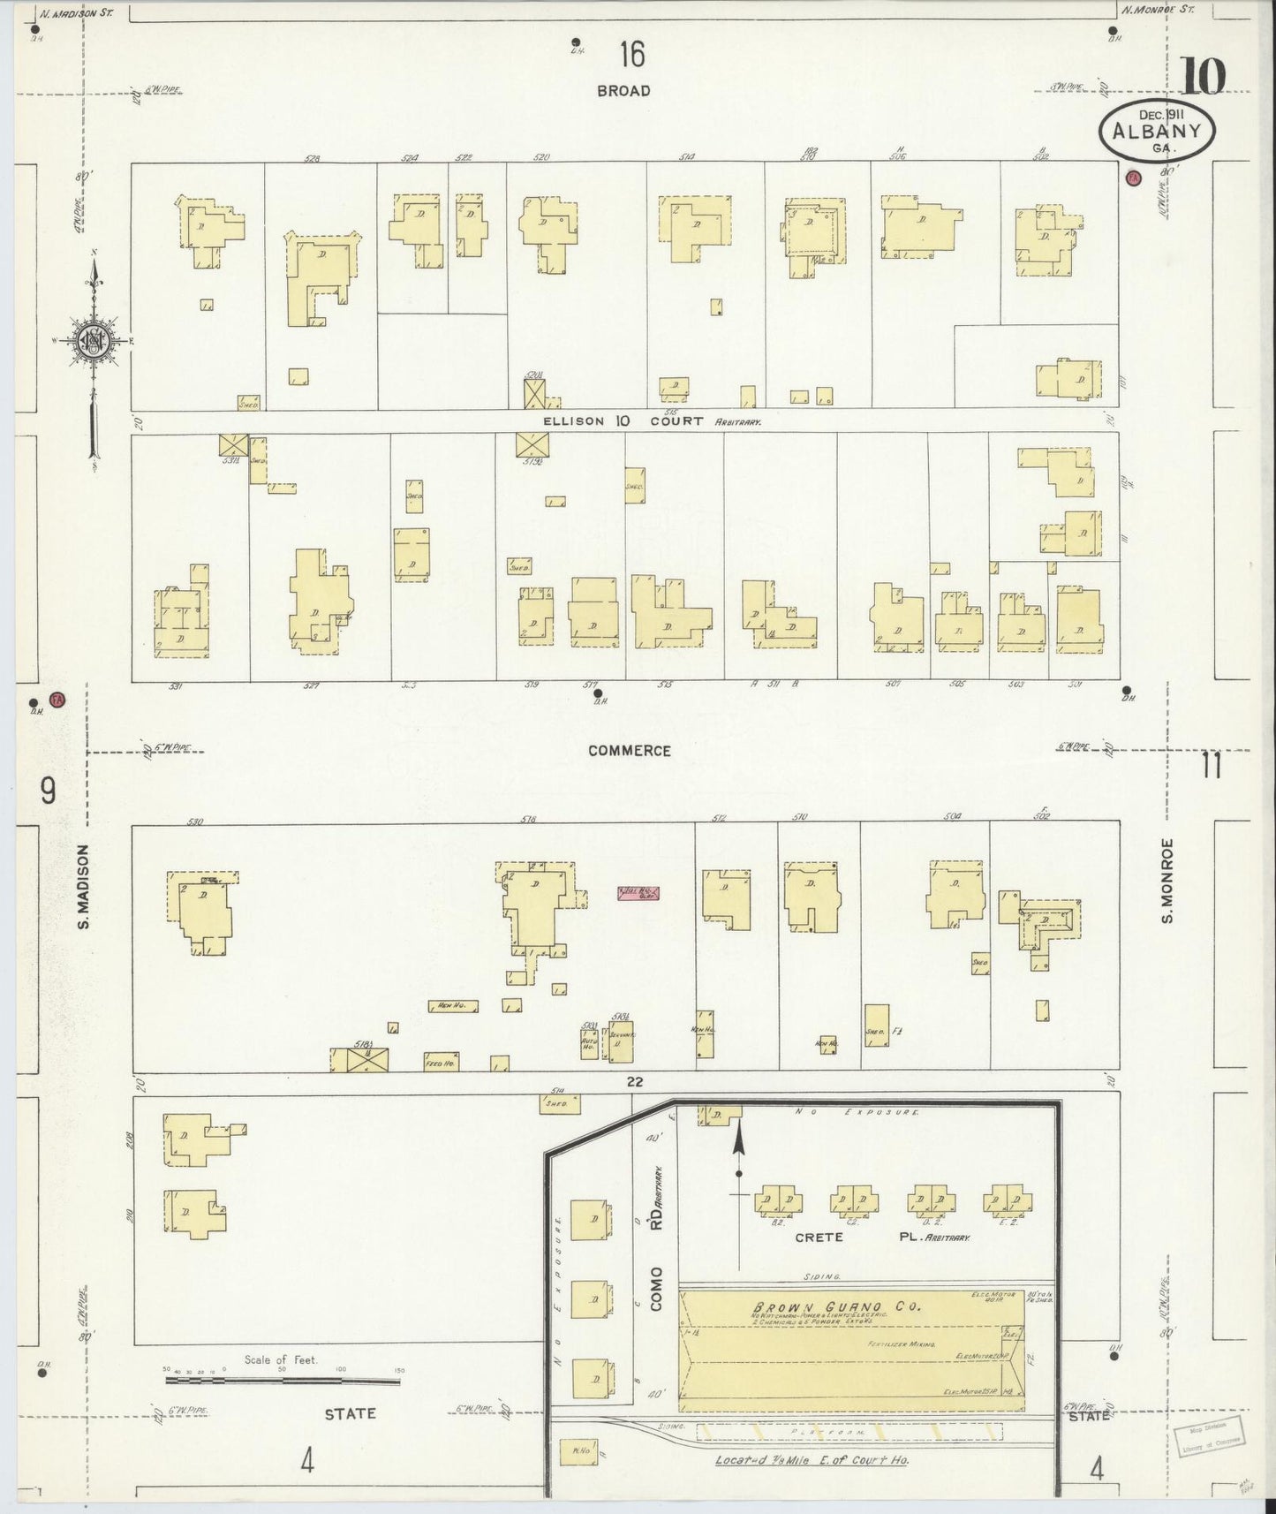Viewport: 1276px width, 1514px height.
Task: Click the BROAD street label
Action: coord(623,90)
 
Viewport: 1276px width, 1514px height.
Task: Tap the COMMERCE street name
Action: coord(630,751)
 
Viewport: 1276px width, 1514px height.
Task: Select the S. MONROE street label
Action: coord(1167,881)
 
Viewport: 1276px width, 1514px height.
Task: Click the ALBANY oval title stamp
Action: coord(1156,132)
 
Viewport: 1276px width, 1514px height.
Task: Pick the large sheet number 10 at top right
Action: coord(1203,75)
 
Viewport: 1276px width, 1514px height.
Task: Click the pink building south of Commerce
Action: coord(638,893)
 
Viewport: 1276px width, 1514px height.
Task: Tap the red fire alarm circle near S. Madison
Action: coord(57,700)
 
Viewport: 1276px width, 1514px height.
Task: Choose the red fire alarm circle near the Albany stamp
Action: coord(1134,178)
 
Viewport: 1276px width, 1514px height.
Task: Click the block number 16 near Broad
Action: coord(631,55)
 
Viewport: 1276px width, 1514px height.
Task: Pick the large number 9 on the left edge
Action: coord(48,791)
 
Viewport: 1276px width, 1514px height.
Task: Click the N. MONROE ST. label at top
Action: coord(1157,11)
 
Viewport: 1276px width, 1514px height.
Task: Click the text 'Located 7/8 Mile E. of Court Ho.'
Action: coord(811,1459)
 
